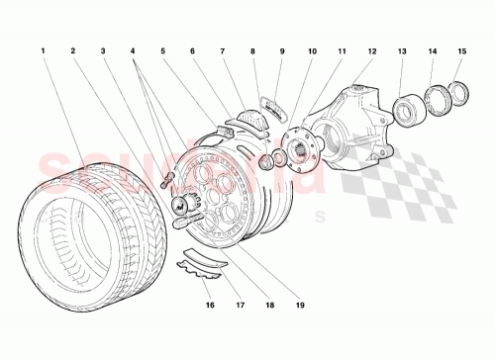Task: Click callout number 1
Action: coord(44,49)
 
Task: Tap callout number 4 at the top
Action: coord(132,49)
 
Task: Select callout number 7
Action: coord(224,49)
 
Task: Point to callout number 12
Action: coord(372,49)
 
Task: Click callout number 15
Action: coord(462,49)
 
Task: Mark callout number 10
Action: coord(311,49)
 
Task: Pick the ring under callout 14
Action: coord(436,100)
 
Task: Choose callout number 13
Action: coord(403,49)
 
